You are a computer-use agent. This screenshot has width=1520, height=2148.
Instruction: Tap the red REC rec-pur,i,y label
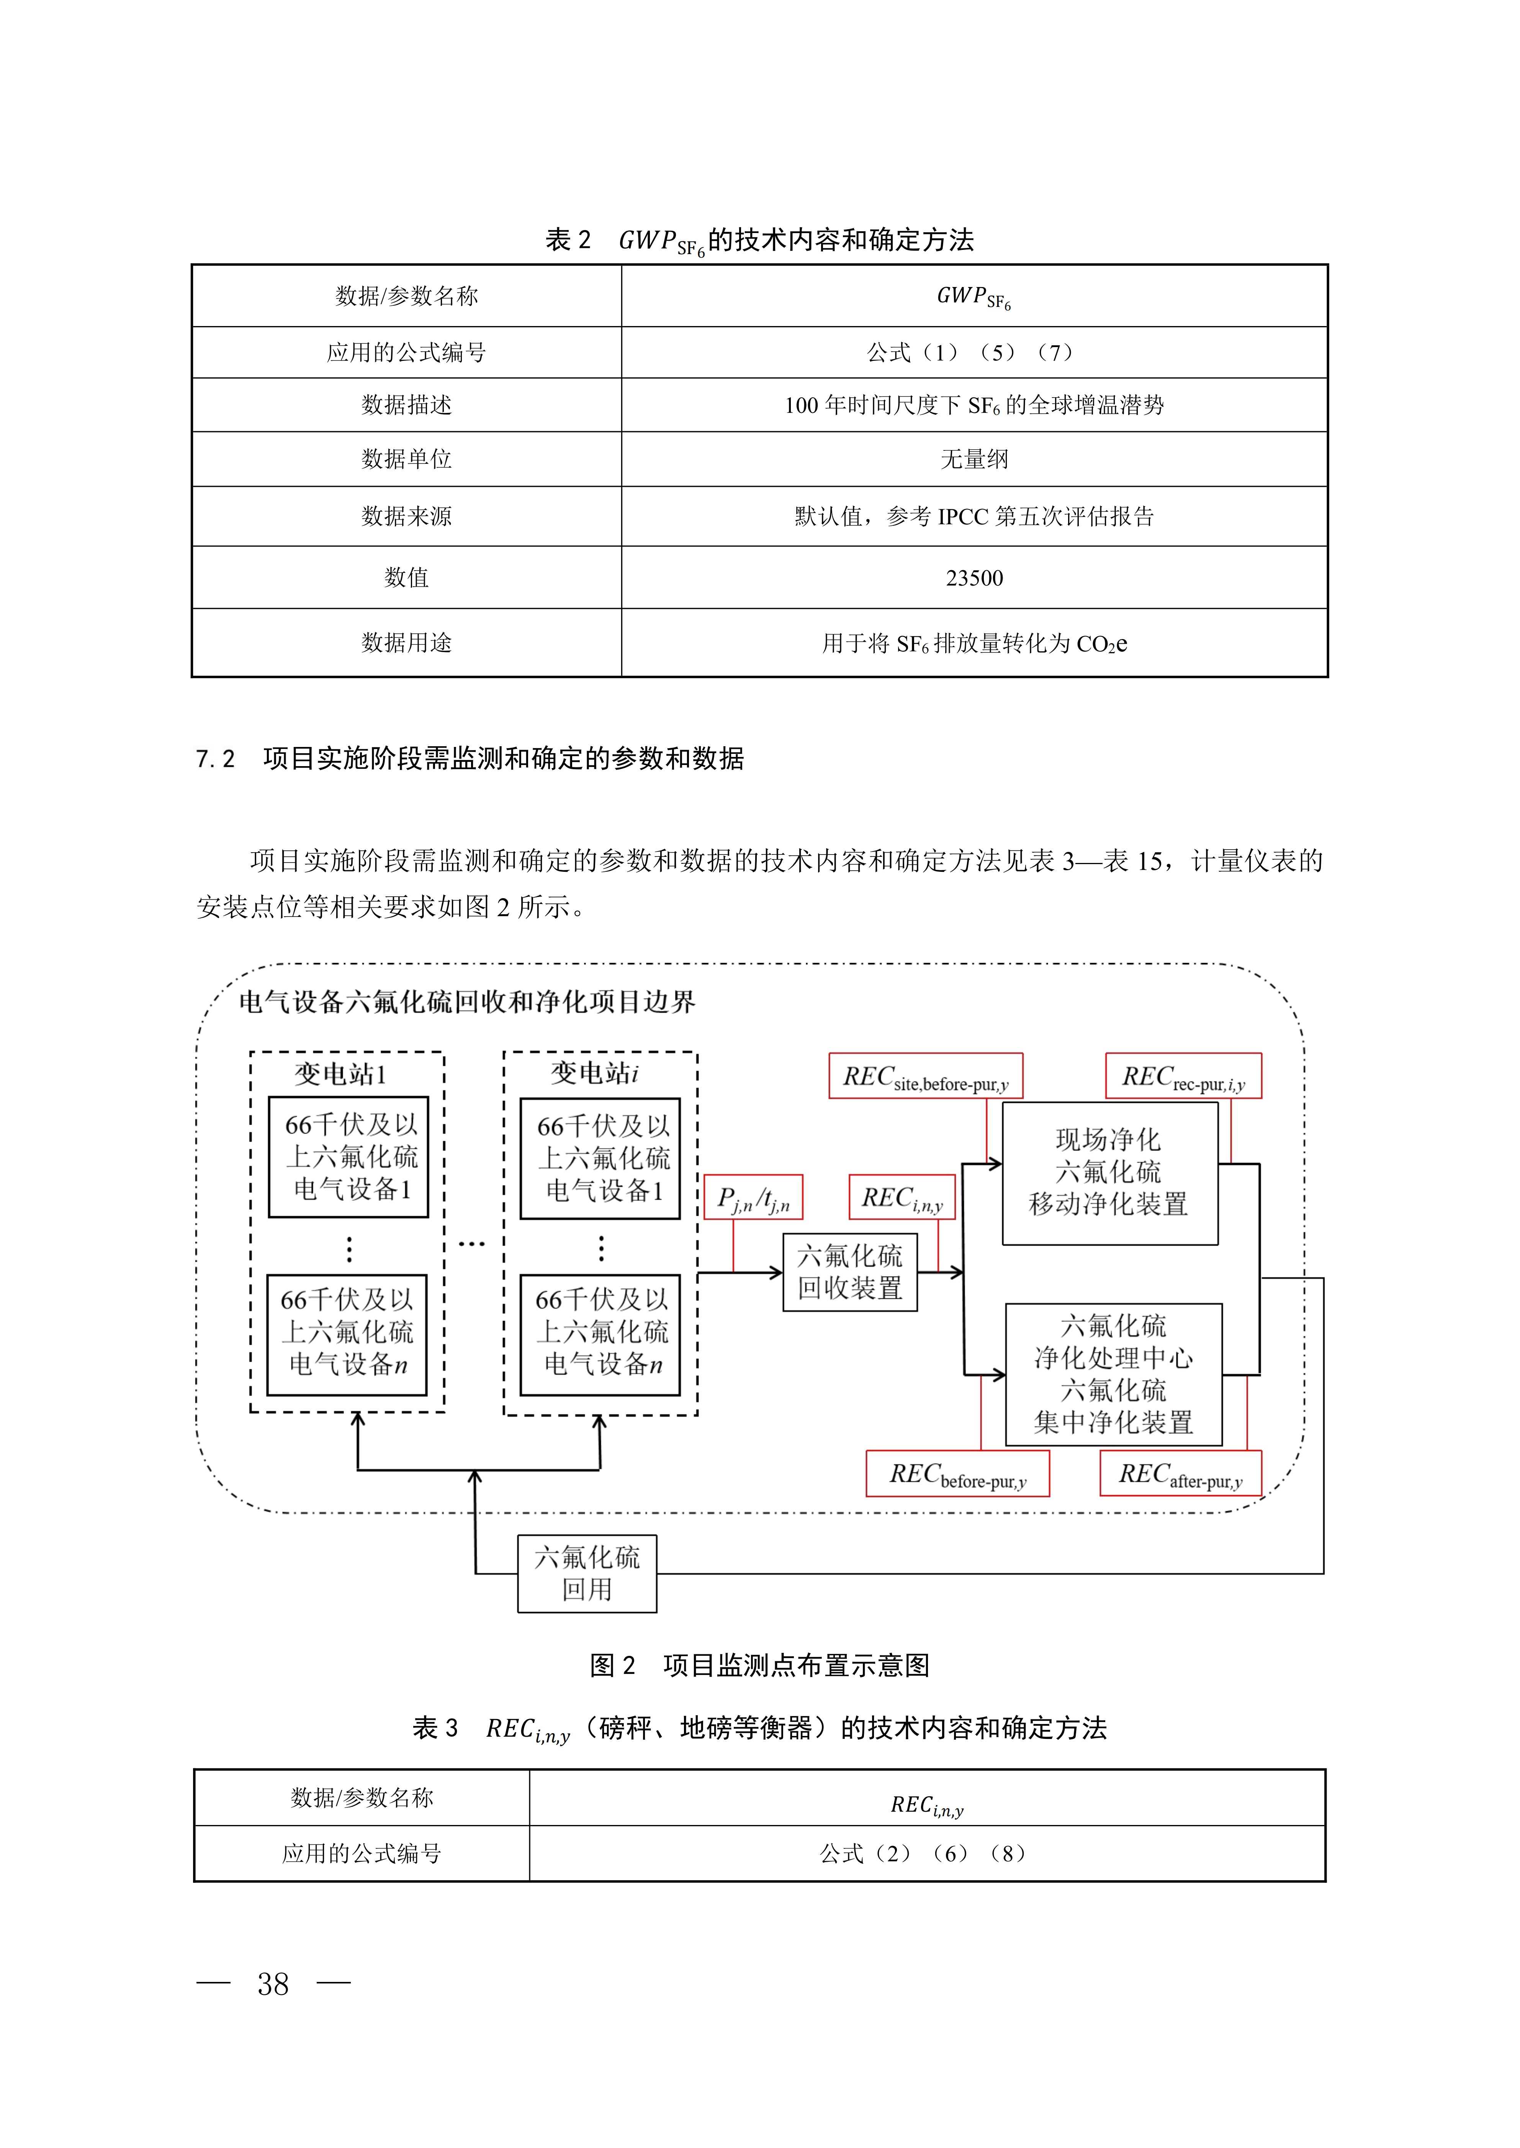(1183, 1077)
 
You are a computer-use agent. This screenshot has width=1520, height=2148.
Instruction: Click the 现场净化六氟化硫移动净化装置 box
(1109, 1172)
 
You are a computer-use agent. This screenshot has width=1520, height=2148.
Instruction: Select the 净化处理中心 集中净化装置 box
(1113, 1374)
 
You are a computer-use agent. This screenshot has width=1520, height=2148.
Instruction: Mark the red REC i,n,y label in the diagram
(902, 1197)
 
